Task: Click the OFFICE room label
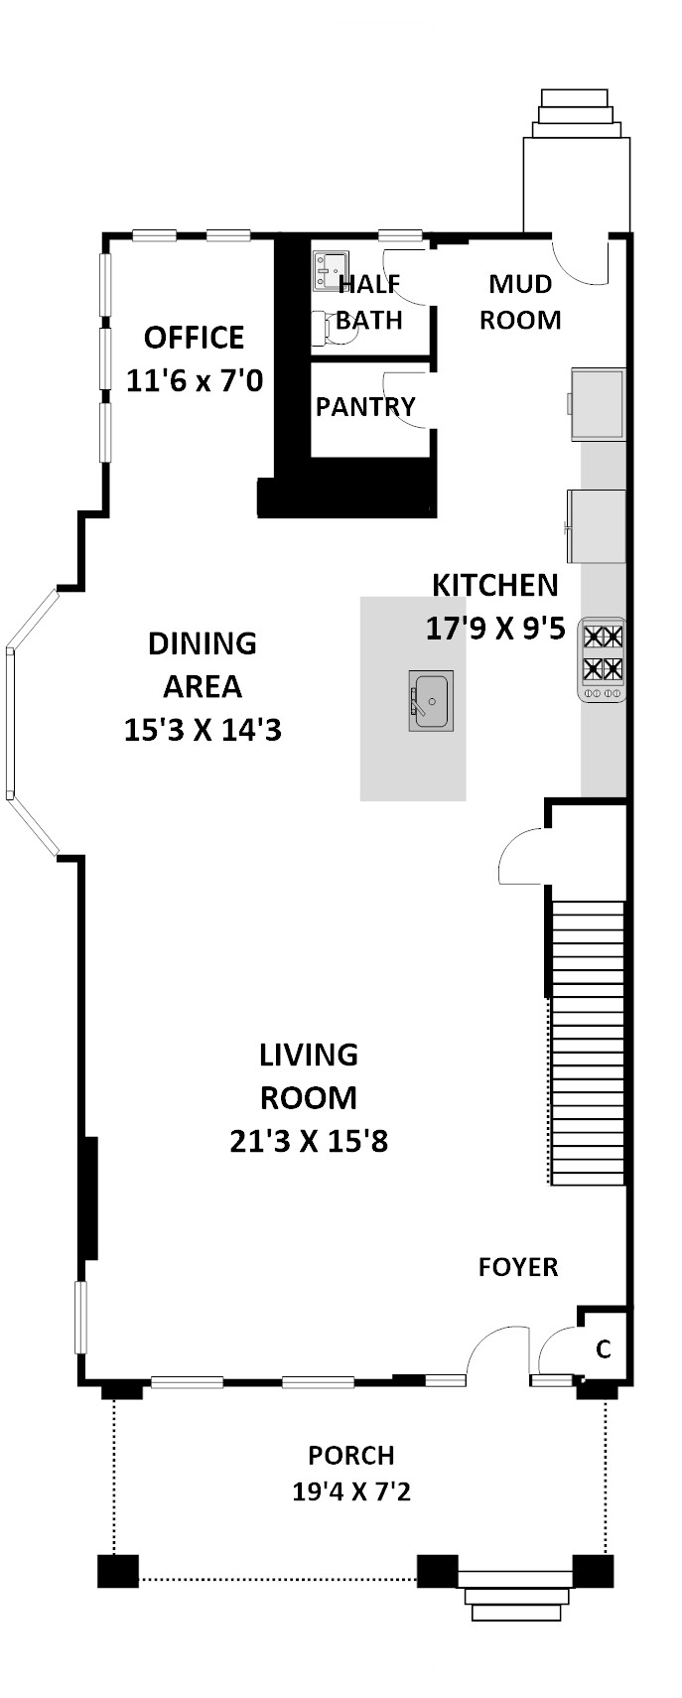[x=194, y=338]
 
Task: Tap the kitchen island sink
[x=431, y=700]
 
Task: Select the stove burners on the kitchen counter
[x=603, y=659]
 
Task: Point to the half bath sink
[x=330, y=271]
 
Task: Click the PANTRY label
[x=365, y=407]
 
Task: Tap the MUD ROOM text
[x=520, y=302]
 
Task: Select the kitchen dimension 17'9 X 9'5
[x=495, y=629]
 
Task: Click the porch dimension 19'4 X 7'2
[x=351, y=1491]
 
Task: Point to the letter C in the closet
[x=604, y=1349]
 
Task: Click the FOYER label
[x=518, y=1267]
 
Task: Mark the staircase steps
[x=588, y=1043]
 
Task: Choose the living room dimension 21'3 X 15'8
[x=309, y=1141]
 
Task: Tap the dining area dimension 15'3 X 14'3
[x=203, y=730]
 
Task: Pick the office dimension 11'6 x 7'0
[x=194, y=380]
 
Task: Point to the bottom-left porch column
[x=118, y=1571]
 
